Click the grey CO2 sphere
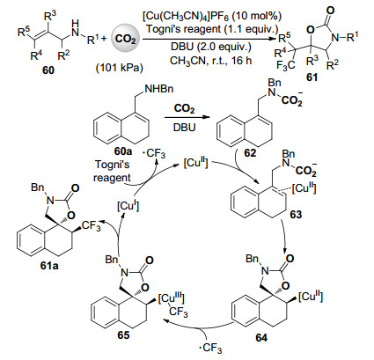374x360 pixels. click(125, 39)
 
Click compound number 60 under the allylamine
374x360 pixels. click(48, 70)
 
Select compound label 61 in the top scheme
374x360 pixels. click(312, 77)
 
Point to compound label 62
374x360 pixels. click(250, 152)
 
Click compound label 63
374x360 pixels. click(296, 215)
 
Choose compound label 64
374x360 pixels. click(261, 338)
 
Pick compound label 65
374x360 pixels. click(123, 334)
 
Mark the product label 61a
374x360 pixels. click(49, 266)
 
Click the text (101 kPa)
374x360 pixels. click(120, 68)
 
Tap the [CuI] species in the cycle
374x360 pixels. click(128, 205)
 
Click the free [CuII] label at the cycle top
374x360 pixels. click(195, 163)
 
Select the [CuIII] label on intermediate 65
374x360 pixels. click(172, 298)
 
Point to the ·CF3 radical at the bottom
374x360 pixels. click(210, 349)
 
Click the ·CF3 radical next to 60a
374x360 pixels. click(154, 154)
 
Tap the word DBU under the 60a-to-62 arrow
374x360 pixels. click(184, 128)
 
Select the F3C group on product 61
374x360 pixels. click(286, 66)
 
